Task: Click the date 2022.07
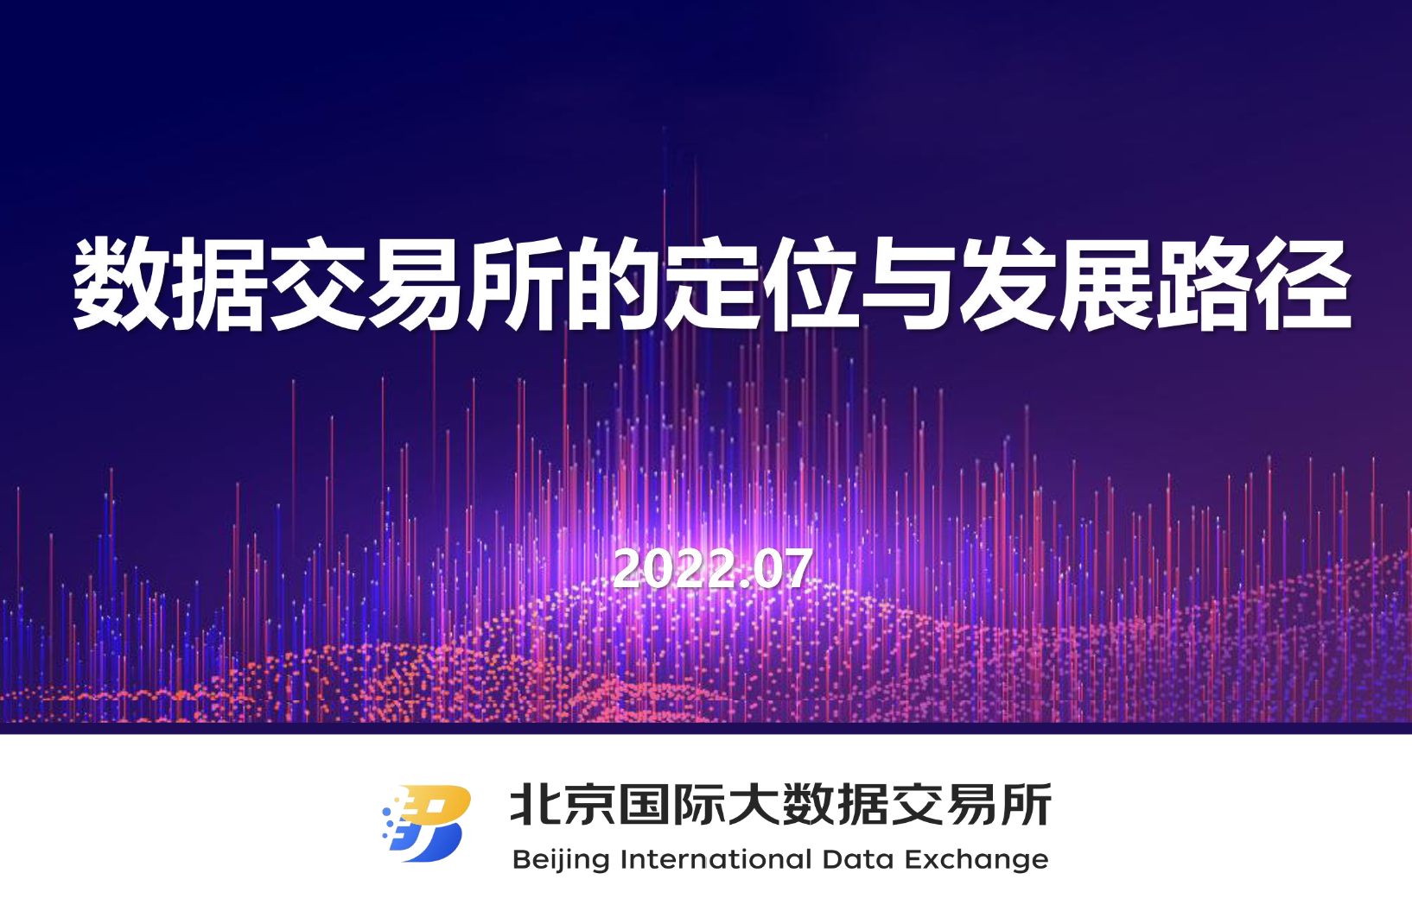[712, 569]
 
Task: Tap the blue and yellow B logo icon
[427, 823]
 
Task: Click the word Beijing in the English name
[561, 860]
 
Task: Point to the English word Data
[858, 859]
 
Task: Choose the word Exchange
[976, 860]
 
